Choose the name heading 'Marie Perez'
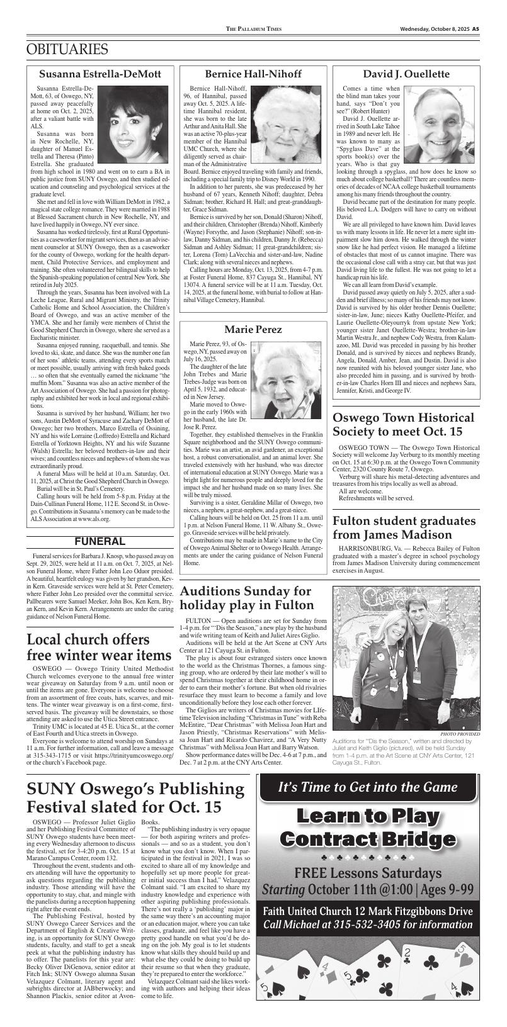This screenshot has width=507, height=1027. (x=253, y=329)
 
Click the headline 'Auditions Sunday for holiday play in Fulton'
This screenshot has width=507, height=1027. (x=246, y=598)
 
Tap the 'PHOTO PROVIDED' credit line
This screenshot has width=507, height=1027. (x=460, y=734)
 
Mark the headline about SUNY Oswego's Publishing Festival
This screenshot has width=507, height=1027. (x=136, y=797)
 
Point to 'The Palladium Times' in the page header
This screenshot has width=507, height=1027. (x=254, y=30)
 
